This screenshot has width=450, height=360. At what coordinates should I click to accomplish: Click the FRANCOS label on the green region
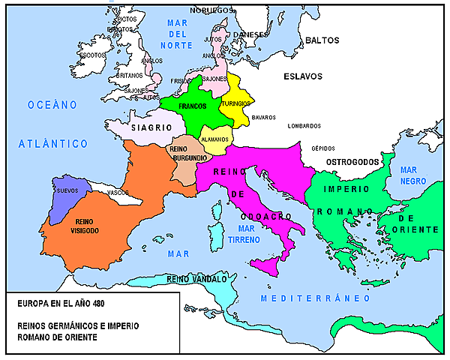tap(193, 106)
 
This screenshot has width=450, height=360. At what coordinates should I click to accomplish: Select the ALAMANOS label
tap(214, 139)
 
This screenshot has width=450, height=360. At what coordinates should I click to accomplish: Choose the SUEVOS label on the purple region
tap(67, 191)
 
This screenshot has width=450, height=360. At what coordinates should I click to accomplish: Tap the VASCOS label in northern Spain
tap(117, 192)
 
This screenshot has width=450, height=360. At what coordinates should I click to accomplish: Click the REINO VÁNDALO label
tap(196, 279)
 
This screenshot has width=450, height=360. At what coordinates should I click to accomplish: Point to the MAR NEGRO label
tap(413, 175)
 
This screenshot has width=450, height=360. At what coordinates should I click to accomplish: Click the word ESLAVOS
tap(302, 76)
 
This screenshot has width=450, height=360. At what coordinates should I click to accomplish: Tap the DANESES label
tap(250, 34)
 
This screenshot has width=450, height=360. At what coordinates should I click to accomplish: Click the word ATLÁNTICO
tap(53, 143)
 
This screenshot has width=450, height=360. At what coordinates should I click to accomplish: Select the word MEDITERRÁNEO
tap(315, 298)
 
